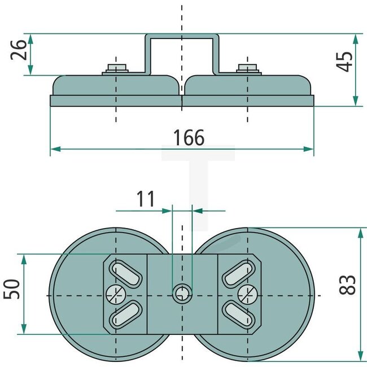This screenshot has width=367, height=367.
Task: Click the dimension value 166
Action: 189,137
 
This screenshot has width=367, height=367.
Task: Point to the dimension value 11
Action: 145,198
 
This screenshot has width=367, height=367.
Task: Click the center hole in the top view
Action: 181,292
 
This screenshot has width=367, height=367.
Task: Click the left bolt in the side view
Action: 116,69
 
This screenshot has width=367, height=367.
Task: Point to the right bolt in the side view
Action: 247,69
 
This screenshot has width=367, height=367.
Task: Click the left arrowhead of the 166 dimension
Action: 54,150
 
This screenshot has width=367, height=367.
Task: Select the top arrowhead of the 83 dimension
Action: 360,231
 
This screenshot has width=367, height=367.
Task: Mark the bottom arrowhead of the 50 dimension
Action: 24,330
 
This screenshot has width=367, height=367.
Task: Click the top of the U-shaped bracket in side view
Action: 182,36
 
